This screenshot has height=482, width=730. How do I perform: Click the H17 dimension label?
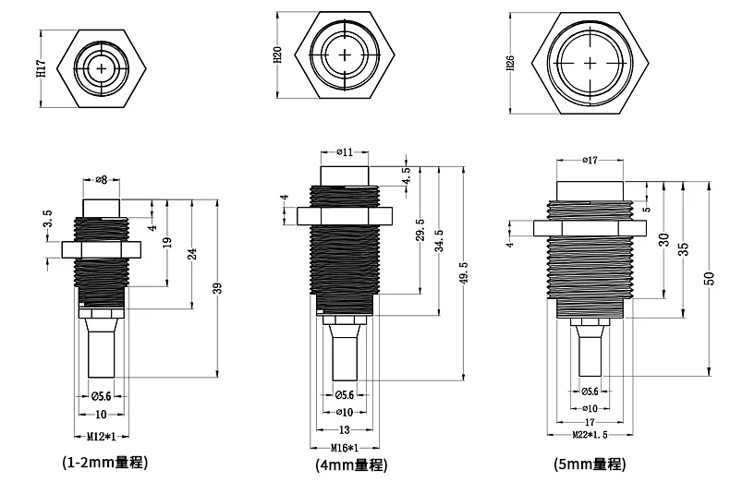[x=42, y=68]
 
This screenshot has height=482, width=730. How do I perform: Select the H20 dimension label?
[x=277, y=54]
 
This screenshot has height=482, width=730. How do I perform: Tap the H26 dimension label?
[x=510, y=63]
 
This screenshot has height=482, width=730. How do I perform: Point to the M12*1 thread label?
[x=102, y=437]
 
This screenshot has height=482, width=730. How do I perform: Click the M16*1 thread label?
[x=345, y=448]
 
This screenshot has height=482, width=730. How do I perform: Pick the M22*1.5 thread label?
[x=590, y=435]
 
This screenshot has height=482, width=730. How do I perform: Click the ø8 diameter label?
[x=101, y=179]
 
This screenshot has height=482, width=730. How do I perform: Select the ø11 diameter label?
[x=345, y=152]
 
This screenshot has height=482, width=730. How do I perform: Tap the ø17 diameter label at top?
[x=590, y=161]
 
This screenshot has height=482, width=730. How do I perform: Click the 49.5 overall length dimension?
[x=464, y=272]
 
